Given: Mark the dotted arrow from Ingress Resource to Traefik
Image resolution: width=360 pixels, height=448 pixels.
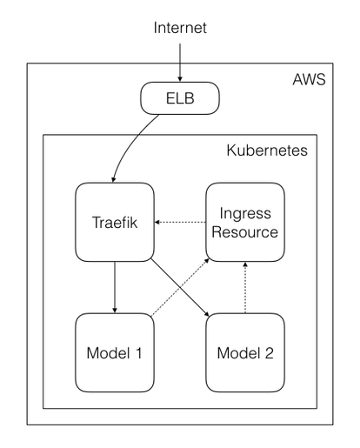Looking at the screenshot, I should click(x=181, y=222).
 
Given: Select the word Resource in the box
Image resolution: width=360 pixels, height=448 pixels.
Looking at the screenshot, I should click(x=245, y=232).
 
